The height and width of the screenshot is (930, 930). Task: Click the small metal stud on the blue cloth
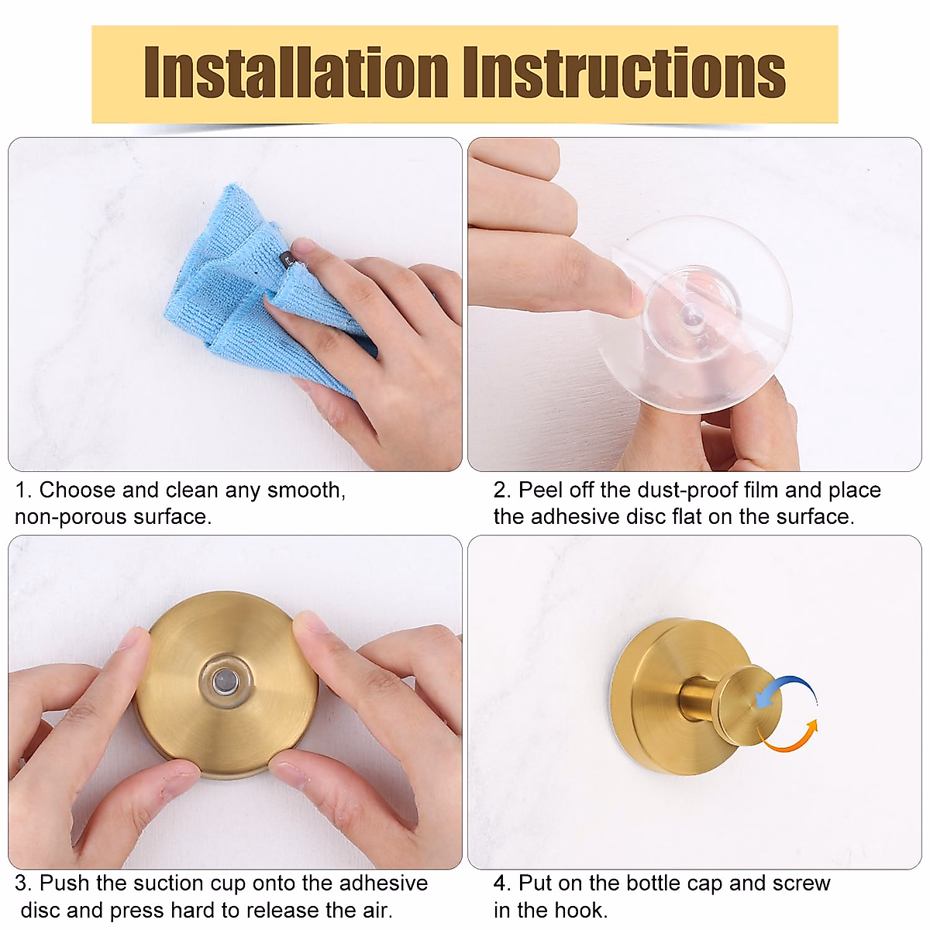pyautogui.click(x=285, y=257)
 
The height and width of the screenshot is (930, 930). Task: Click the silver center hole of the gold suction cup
pyautogui.click(x=226, y=681)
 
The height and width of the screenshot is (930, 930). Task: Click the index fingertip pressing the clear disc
pyautogui.click(x=632, y=296)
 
